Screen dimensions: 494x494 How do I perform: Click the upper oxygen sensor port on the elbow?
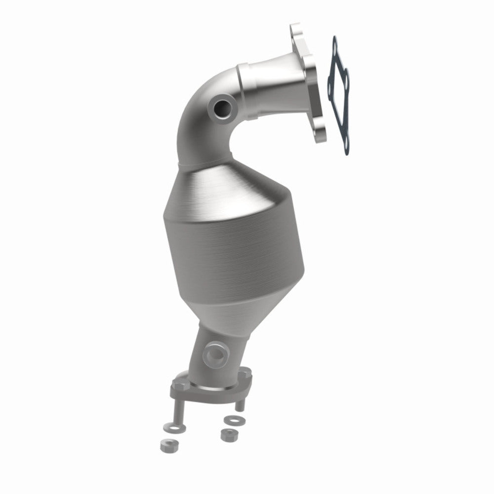tap(220, 106)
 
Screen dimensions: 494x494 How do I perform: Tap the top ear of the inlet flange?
tap(297, 29)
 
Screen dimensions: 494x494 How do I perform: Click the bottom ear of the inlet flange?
tap(320, 134)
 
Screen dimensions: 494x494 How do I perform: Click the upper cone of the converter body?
tap(232, 188)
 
